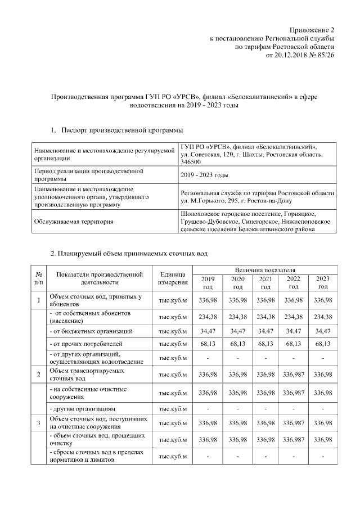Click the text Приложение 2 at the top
tap(312, 29)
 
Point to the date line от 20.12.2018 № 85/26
tap(296, 56)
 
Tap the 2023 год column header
tap(322, 282)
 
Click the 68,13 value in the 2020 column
tap(237, 343)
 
